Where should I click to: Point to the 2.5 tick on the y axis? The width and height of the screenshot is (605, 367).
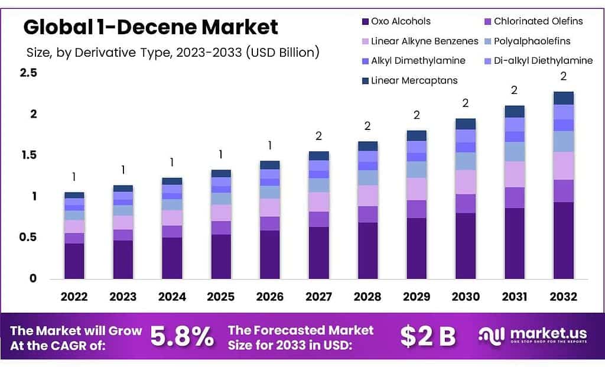[x=28, y=73]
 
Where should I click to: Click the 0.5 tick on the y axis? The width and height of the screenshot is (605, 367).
[x=28, y=238]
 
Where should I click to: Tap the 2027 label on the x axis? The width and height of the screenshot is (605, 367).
[x=318, y=297]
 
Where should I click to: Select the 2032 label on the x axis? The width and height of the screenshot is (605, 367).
[x=563, y=297]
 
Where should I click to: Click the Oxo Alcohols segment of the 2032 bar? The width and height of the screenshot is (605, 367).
[x=563, y=240]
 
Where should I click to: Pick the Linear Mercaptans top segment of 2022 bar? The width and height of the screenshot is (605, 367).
[x=74, y=195]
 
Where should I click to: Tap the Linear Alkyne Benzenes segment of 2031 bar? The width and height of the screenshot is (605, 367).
[x=514, y=174]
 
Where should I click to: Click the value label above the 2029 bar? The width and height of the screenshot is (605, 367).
[x=417, y=115]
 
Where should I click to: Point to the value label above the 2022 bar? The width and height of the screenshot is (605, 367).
[x=74, y=177]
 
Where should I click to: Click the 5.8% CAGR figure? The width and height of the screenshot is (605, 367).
[x=182, y=337]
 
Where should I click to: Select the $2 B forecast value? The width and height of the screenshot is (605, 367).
[x=428, y=337]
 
